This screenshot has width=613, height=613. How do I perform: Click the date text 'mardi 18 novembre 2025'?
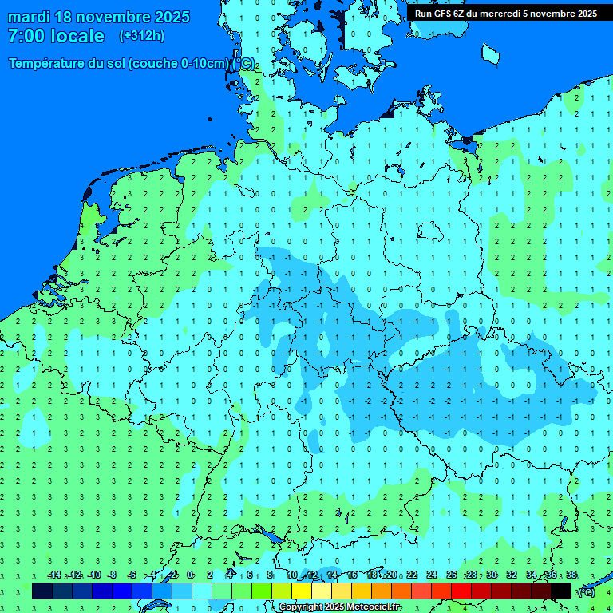(99, 17)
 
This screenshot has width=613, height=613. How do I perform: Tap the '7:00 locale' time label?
(56, 36)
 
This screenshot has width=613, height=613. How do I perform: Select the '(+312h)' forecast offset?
(141, 36)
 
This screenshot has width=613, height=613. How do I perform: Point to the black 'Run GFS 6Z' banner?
(505, 13)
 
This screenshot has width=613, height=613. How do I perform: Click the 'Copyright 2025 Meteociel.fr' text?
(339, 607)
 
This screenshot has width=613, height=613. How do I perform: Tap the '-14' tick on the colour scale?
(53, 575)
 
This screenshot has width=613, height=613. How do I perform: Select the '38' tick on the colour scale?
(571, 575)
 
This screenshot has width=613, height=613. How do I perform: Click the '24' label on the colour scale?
(432, 575)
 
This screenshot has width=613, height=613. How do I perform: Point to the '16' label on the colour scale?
(352, 575)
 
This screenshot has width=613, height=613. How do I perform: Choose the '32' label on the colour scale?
(512, 575)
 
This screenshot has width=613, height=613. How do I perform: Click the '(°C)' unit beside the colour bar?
(587, 591)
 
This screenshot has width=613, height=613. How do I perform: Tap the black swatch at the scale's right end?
(561, 591)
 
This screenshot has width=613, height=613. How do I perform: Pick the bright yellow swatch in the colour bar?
(302, 591)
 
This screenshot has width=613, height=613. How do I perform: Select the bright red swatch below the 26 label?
(461, 591)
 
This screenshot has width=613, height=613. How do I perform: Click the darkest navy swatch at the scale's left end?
(42, 591)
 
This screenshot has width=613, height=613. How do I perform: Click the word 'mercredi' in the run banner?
(492, 13)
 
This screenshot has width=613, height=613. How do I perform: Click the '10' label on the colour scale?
(292, 575)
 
